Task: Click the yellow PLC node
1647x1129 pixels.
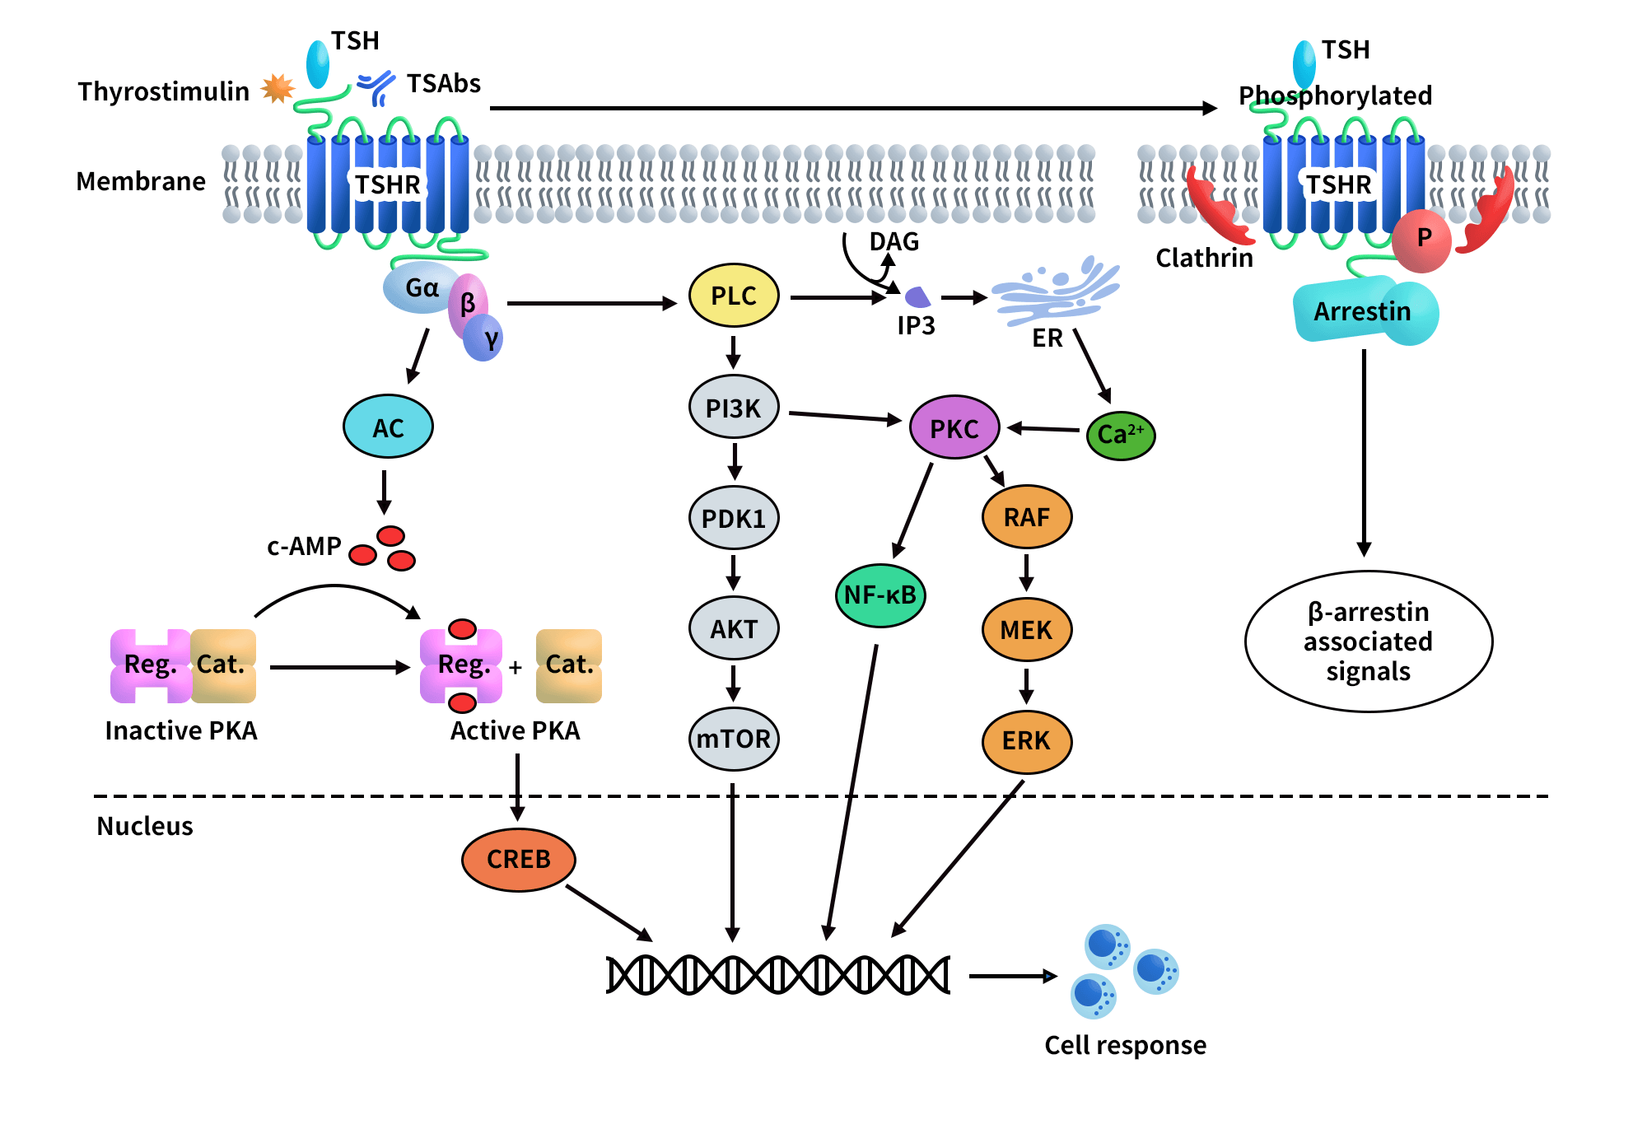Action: tap(733, 296)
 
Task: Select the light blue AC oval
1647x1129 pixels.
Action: tap(388, 427)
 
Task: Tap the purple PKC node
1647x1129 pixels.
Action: tap(954, 427)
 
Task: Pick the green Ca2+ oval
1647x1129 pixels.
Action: tap(1120, 435)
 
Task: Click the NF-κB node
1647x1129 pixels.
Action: tap(879, 595)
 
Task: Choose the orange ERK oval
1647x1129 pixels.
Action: tap(1026, 741)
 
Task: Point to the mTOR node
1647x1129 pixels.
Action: tap(733, 739)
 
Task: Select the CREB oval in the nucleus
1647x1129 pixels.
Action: tap(518, 859)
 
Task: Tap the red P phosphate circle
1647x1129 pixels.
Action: tap(1422, 240)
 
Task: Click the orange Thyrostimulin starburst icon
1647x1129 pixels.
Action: tap(278, 88)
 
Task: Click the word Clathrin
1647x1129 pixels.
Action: tap(1204, 258)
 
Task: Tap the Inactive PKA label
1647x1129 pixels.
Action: tap(181, 730)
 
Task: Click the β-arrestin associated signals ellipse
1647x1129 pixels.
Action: tap(1368, 641)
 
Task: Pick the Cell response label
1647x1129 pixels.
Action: tap(1125, 1045)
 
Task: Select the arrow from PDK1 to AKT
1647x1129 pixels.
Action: tap(733, 572)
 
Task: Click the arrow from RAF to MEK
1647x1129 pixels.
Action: tap(1026, 572)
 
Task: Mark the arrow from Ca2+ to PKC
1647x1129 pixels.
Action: tap(1043, 428)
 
